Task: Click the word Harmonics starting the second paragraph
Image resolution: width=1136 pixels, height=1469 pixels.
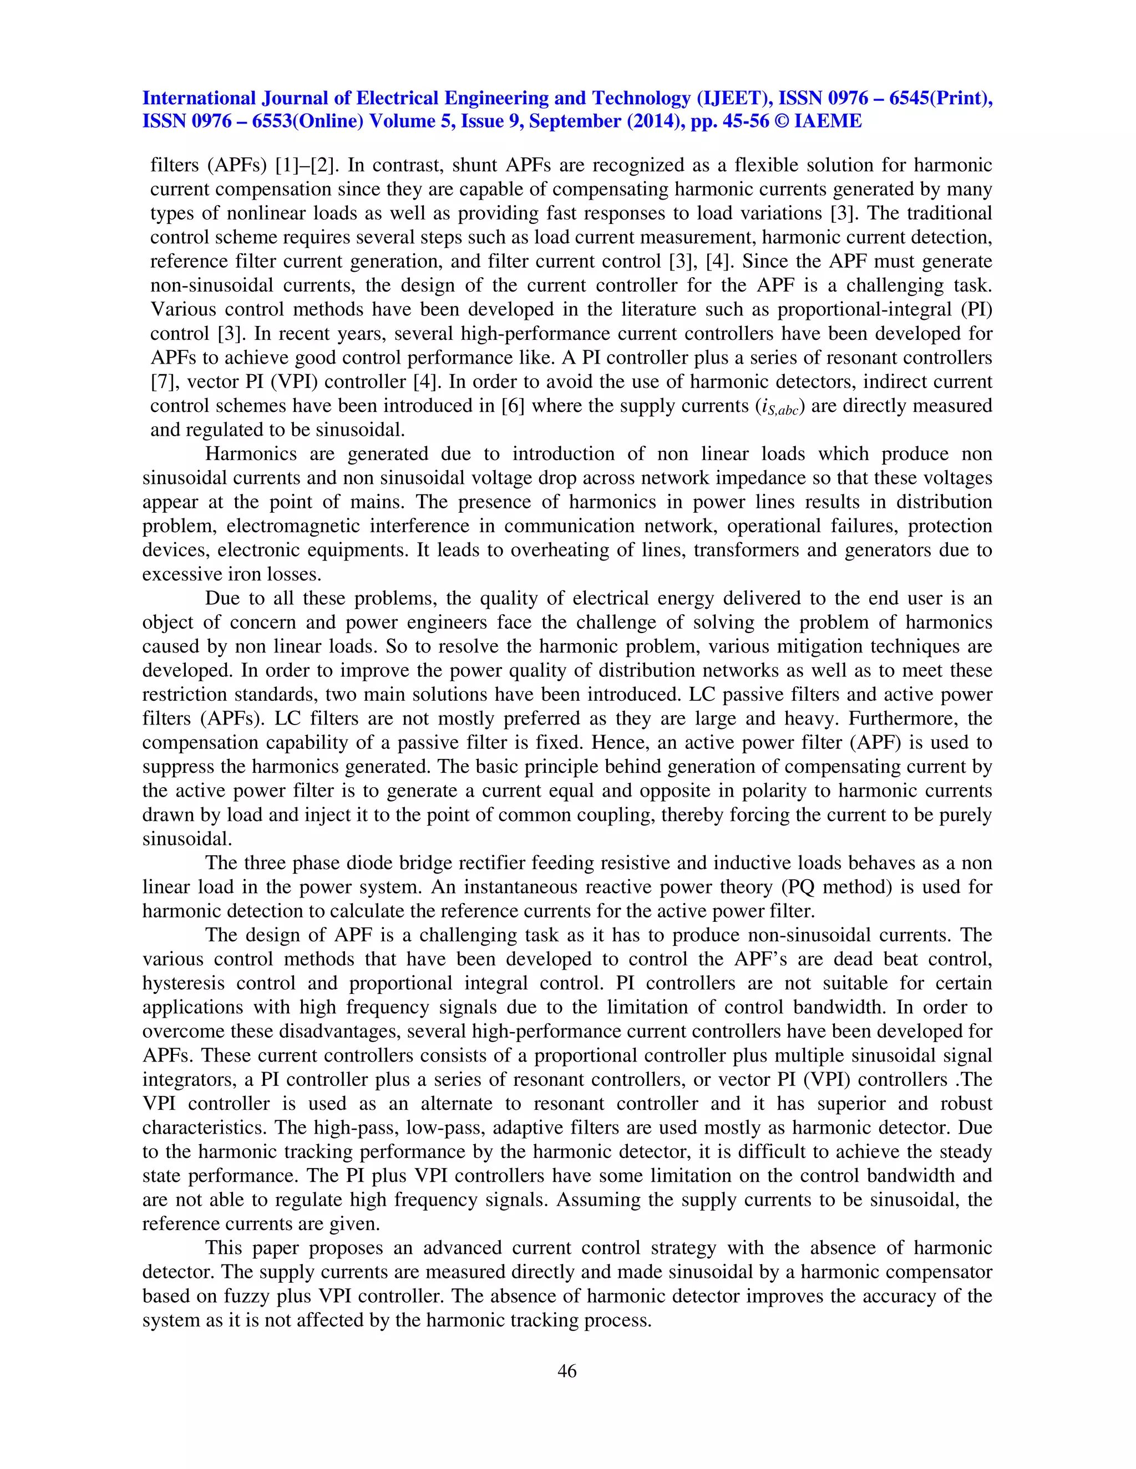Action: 250,454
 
